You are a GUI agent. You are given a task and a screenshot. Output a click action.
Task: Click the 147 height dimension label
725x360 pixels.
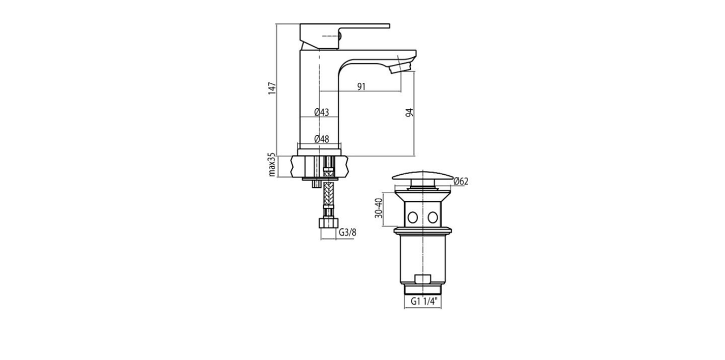272,88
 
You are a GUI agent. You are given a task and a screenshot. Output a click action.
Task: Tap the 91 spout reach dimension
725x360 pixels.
361,87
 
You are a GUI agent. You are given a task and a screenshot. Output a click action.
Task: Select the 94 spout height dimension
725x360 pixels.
409,113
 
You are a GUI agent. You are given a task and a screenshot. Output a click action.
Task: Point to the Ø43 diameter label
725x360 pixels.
322,112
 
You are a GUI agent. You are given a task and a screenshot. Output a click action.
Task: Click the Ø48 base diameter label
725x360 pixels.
322,139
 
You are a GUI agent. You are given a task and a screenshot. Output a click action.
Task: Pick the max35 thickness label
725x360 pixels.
272,165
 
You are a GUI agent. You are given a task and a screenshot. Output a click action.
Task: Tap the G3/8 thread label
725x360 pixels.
347,233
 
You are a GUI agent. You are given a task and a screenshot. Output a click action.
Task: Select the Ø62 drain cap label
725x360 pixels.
461,181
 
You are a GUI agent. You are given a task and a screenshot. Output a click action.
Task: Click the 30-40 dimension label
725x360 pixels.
378,208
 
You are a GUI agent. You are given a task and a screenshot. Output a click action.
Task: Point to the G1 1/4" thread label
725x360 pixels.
424,302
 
